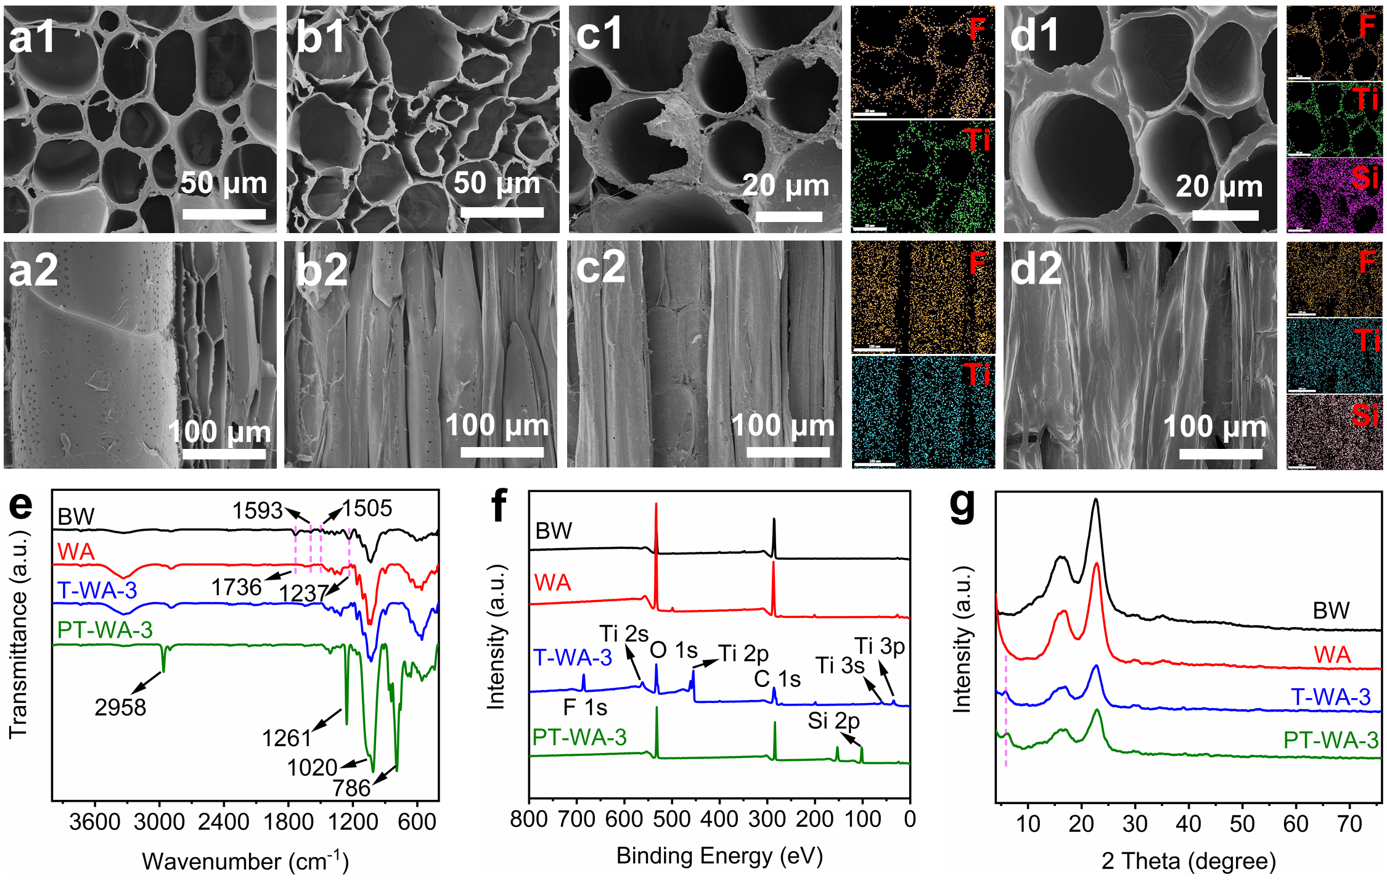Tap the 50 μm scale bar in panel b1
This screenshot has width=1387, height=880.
(502, 212)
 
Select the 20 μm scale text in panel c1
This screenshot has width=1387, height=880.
(786, 185)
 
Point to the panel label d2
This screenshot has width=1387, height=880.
(1036, 269)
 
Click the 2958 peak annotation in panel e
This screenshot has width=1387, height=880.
(120, 707)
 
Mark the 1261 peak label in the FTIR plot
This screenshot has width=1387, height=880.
(287, 738)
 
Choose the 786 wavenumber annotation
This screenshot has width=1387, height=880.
(351, 788)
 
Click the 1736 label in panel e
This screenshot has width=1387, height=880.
(236, 587)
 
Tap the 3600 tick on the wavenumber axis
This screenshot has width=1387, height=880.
(94, 822)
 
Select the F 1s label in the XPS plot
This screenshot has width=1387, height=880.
(585, 707)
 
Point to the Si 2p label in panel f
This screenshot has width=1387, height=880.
(833, 720)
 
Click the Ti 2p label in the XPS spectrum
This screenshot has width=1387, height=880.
(744, 653)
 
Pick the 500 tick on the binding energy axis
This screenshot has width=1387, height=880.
(672, 820)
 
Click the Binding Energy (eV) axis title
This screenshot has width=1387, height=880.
(719, 855)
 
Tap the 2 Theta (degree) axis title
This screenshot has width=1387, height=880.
(1188, 860)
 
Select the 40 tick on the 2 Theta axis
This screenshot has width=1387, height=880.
(1188, 824)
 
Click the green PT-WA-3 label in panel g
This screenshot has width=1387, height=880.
(1330, 740)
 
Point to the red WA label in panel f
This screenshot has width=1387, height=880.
(552, 583)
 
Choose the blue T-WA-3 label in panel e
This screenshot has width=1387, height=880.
(97, 591)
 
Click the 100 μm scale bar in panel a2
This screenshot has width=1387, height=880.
(224, 454)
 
